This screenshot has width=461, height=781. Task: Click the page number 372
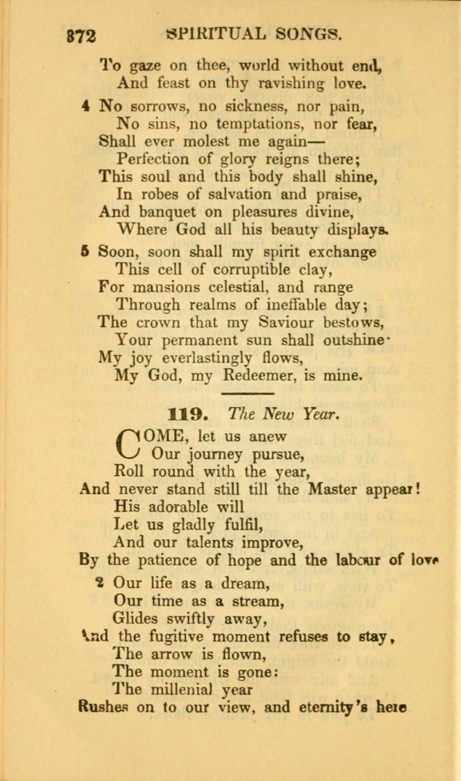point(81,36)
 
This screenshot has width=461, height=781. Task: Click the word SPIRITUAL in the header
point(215,34)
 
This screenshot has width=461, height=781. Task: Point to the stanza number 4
point(85,106)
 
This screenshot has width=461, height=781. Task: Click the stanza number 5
point(85,252)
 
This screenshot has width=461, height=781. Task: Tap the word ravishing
point(291,84)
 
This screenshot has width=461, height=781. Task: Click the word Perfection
point(152,159)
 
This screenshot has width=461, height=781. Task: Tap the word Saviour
point(286,322)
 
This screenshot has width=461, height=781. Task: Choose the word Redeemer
point(258,376)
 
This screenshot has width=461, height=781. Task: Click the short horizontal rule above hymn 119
point(248,394)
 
